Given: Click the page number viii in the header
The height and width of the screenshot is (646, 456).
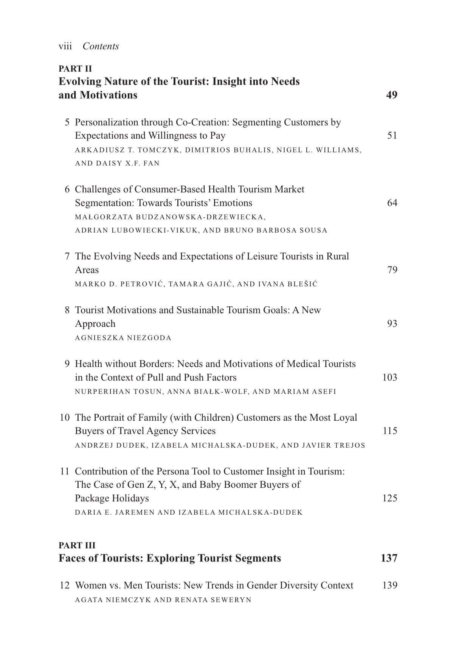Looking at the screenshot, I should click(x=65, y=46).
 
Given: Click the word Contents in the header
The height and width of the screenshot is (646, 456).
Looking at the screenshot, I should click(x=101, y=46).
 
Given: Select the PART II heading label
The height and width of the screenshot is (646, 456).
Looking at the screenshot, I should click(x=75, y=69).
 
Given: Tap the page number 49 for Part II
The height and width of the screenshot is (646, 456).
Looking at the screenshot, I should click(x=392, y=95).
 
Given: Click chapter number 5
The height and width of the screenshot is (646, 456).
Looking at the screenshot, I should click(x=67, y=122).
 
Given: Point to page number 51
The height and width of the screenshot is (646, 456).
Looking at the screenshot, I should click(x=392, y=136).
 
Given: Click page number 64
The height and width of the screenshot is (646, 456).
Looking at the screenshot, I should click(x=392, y=203).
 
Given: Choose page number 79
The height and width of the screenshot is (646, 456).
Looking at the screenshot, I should click(x=392, y=270).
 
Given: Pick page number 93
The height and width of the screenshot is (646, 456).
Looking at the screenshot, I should click(x=392, y=324).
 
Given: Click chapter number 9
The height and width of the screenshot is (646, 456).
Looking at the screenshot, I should click(x=67, y=364).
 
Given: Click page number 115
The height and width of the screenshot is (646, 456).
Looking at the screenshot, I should click(x=390, y=431).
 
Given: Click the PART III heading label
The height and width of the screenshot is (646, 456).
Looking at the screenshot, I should click(x=77, y=545).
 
